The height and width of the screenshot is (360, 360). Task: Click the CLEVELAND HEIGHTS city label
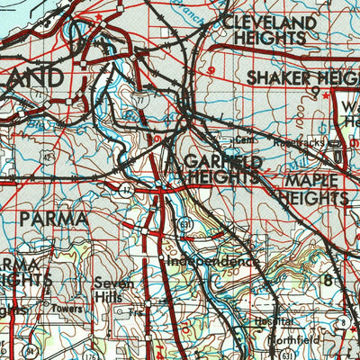270,30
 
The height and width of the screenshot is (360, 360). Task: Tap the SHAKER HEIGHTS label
302,77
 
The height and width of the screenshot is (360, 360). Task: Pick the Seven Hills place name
114,290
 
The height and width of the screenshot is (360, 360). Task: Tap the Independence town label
212,261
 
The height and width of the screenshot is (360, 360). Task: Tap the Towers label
67,309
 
